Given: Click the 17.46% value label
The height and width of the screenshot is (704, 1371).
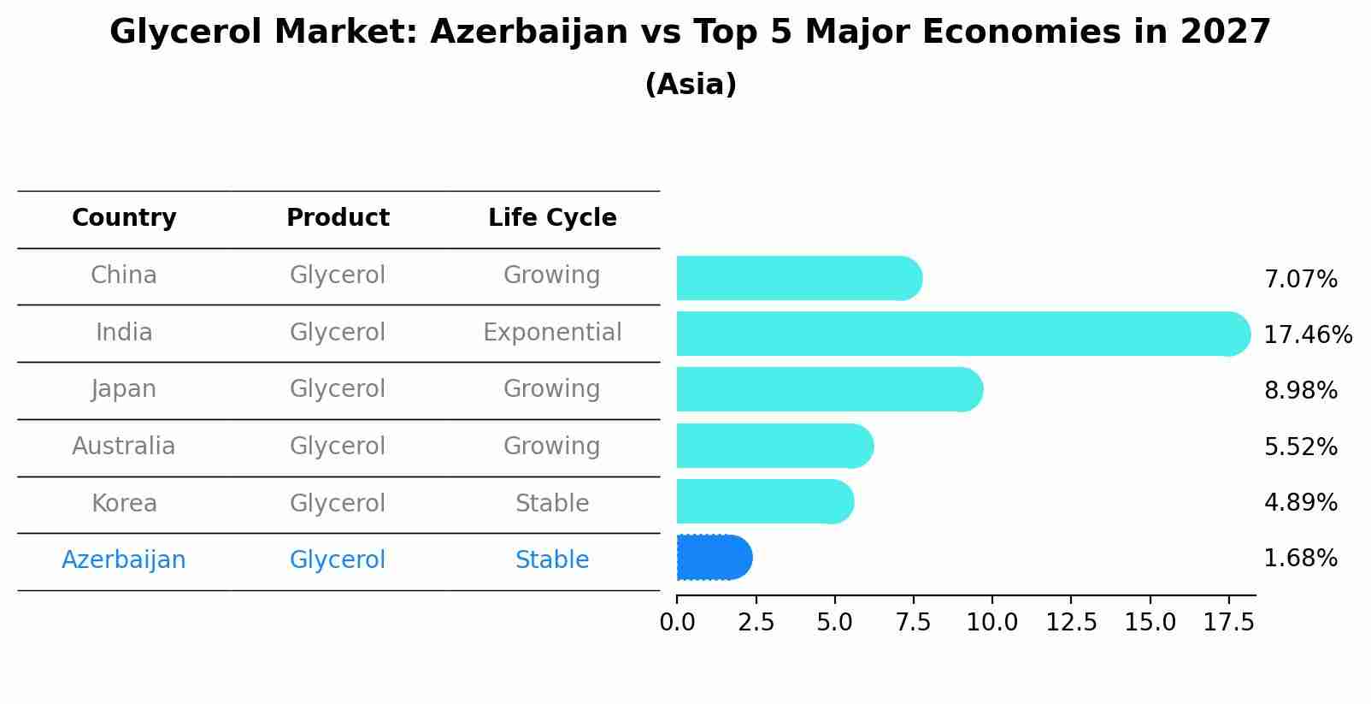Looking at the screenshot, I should click(1308, 334).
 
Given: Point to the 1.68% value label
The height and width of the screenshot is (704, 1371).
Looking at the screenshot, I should click(1300, 559).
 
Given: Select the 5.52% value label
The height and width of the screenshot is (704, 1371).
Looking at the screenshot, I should click(1300, 447).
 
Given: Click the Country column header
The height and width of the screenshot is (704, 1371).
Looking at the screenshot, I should click(124, 218).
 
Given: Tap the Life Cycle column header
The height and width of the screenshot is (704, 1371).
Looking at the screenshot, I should click(552, 218).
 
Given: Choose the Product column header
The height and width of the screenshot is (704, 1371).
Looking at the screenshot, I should click(338, 218).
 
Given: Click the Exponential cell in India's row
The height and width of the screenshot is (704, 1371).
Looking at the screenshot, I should click(552, 333).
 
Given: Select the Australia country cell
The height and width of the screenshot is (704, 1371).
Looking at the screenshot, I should click(124, 447).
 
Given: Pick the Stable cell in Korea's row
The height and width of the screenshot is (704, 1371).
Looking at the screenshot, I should click(552, 504).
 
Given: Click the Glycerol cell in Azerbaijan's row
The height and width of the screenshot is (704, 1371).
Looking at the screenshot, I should click(338, 560).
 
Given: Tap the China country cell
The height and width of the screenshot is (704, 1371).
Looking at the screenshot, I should click(124, 275).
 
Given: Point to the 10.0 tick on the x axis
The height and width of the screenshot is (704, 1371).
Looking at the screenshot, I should click(991, 623).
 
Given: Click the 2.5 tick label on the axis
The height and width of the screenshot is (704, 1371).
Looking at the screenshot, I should click(756, 623).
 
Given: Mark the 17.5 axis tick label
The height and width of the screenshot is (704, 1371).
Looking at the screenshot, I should click(1228, 623).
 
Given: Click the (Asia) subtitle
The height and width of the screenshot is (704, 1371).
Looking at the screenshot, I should click(691, 85).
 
